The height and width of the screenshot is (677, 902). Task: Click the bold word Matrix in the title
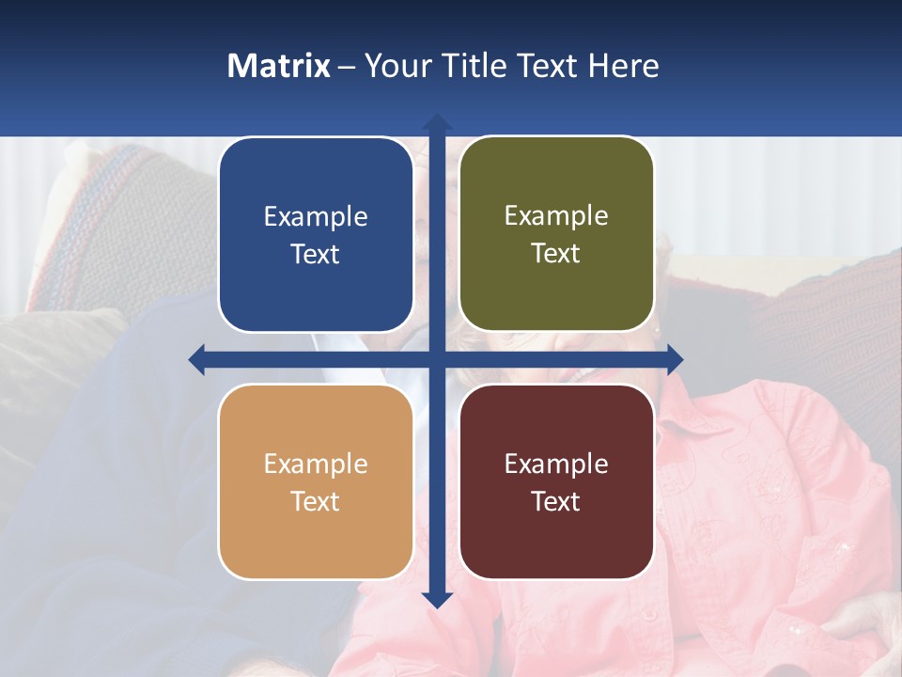pos(279,66)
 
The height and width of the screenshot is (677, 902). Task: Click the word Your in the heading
pos(397,66)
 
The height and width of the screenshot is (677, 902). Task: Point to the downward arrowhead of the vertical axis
pos(436,599)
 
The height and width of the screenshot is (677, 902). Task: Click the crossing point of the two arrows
pos(436,359)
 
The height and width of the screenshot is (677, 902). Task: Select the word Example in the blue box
pos(316,217)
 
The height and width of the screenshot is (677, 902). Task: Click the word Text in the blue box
pos(316,255)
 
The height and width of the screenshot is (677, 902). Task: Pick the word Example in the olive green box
pos(556,216)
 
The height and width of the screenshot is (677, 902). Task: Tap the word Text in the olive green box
pos(556,254)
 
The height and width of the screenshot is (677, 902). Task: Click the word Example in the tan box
pos(316,464)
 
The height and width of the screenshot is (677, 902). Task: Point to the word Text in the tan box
pos(316,502)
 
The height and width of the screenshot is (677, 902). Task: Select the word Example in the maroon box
pos(556,464)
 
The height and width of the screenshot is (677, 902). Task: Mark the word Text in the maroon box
pos(556,502)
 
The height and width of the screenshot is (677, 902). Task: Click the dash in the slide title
pos(347,67)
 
